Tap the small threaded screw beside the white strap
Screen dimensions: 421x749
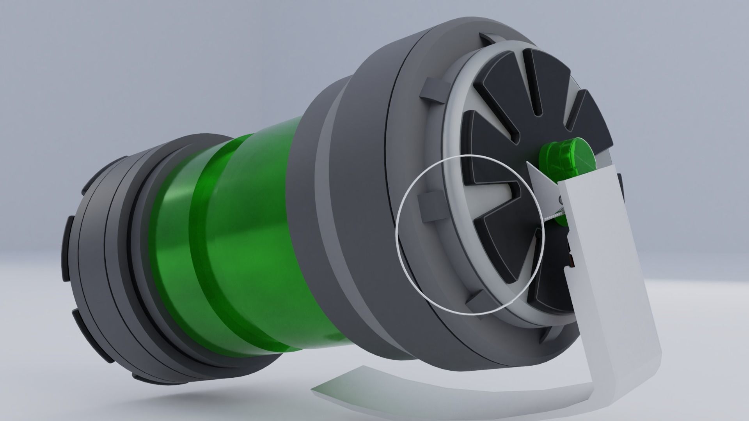click(x=554, y=214)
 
